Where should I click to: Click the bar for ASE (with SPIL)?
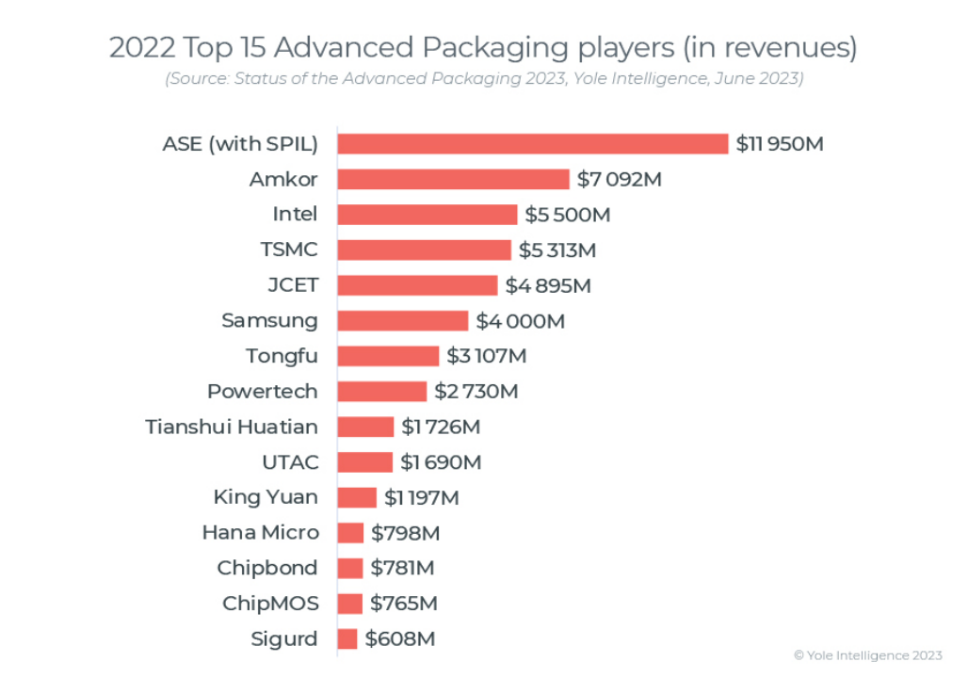pos(532,143)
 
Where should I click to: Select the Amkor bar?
pos(453,179)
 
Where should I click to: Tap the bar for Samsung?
pos(402,320)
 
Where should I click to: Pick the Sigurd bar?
pos(347,638)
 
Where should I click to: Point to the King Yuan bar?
pos(357,497)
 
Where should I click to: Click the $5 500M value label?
pos(568,215)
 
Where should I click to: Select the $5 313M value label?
pos(557,250)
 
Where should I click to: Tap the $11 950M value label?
pos(780,144)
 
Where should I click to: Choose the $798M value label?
pos(406,533)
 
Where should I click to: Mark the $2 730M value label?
pos(476,391)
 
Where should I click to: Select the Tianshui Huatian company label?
pos(232,427)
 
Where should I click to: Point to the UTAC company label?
pos(290,462)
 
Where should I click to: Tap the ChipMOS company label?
pos(270,604)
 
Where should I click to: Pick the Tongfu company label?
pos(282,356)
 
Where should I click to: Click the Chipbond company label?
pos(267,568)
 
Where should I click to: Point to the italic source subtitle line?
pos(484,79)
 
